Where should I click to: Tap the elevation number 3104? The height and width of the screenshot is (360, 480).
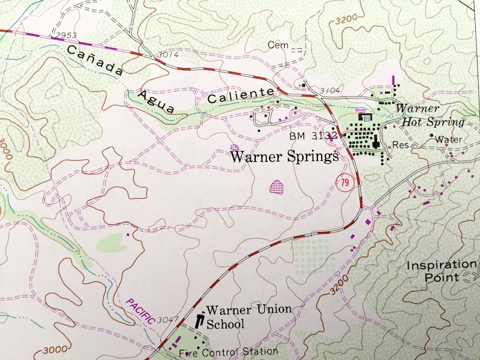[330, 91]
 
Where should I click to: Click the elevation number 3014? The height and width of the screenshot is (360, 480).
[169, 55]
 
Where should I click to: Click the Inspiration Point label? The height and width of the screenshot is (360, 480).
[441, 271]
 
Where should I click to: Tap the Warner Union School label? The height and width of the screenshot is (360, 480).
[248, 317]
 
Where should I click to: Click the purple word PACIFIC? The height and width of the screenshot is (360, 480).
[140, 311]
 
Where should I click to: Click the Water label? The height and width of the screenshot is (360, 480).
[449, 140]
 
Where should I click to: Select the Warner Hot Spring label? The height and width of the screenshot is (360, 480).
[430, 115]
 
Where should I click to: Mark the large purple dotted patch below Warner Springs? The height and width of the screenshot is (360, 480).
[276, 187]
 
